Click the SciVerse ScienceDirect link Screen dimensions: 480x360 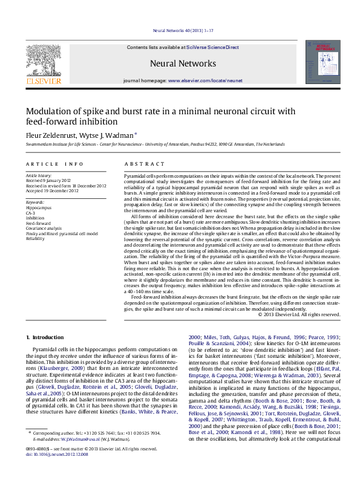212,47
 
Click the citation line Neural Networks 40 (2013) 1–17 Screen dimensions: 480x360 180,30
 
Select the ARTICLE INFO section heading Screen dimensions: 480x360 54,164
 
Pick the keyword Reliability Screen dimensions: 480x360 35,239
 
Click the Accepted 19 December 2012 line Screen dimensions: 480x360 52,190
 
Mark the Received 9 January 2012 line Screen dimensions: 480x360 49,180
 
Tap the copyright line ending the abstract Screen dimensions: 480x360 299,315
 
